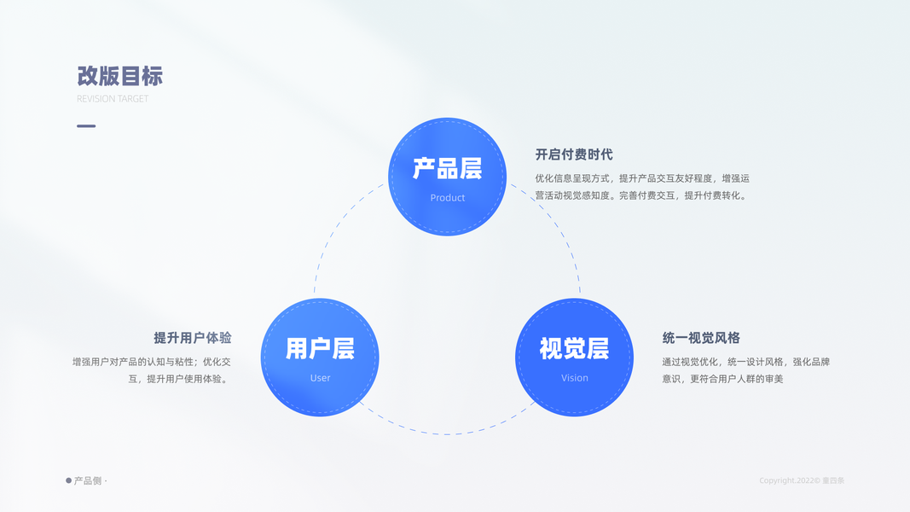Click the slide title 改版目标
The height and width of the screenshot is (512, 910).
(119, 76)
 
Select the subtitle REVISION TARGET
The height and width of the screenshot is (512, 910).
(113, 99)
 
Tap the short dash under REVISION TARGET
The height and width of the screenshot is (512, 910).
(86, 126)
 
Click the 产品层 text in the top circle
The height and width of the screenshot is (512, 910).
(447, 169)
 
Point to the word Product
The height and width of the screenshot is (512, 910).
(447, 198)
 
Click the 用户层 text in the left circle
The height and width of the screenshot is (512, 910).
(320, 349)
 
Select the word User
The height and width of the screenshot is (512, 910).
(320, 378)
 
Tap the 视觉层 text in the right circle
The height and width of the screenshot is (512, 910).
(574, 349)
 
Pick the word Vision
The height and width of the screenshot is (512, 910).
(574, 378)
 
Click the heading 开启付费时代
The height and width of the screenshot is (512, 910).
(574, 154)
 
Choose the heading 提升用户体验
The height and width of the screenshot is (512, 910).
(192, 338)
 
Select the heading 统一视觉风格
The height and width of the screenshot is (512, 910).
(701, 338)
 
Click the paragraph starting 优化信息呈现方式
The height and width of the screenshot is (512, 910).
(641, 187)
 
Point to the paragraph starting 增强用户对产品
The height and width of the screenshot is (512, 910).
(152, 370)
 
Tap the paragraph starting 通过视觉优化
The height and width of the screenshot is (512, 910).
(745, 370)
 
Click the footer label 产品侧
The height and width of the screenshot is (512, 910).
(88, 481)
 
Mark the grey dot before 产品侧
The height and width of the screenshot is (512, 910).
(69, 480)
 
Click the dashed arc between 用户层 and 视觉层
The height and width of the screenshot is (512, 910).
(447, 433)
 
